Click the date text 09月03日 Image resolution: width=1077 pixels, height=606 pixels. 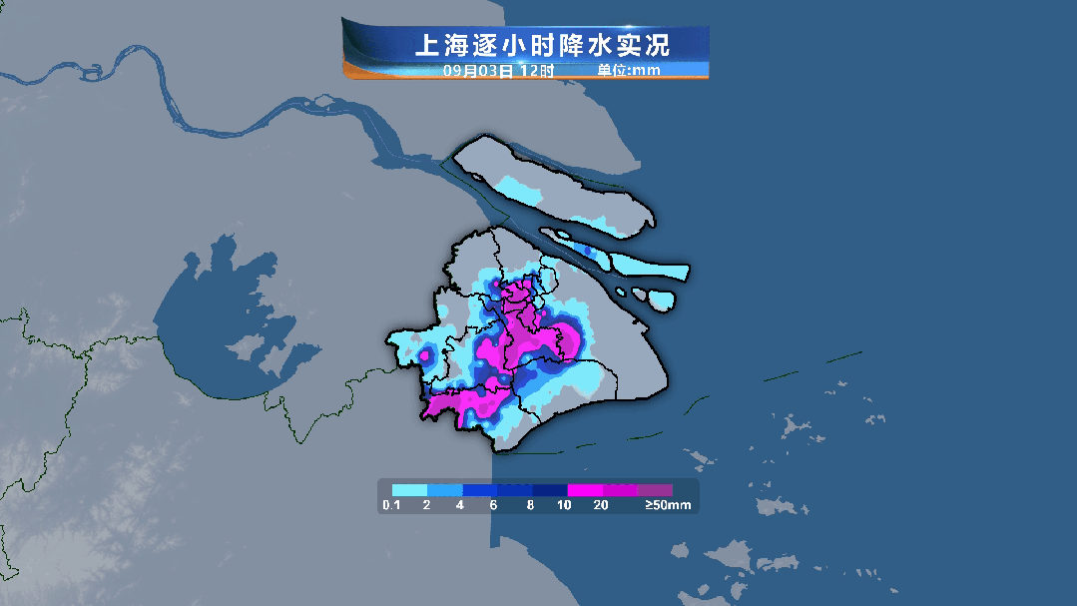coord(478,71)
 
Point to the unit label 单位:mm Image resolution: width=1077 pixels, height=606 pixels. coord(629,71)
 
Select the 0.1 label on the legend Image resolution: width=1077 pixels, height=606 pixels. coord(390,506)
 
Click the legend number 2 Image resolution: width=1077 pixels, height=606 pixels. coord(426,506)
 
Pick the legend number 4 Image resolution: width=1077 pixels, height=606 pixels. coord(460,506)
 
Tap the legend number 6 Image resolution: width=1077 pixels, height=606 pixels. coord(494,506)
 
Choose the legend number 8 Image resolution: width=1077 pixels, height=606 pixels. coord(530,506)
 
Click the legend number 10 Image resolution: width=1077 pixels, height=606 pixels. coord(565,506)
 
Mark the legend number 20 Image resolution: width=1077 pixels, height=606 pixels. coord(601,506)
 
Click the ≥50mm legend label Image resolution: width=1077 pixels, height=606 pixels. coord(667,506)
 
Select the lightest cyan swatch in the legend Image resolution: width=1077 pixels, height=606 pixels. coord(409,490)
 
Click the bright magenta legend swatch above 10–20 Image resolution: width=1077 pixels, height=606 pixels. coord(584,490)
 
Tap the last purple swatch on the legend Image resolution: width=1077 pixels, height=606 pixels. coord(655,490)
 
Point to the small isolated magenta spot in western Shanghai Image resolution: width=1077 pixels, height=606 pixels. coord(425,353)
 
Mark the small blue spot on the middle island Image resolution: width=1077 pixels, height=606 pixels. coord(586,250)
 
